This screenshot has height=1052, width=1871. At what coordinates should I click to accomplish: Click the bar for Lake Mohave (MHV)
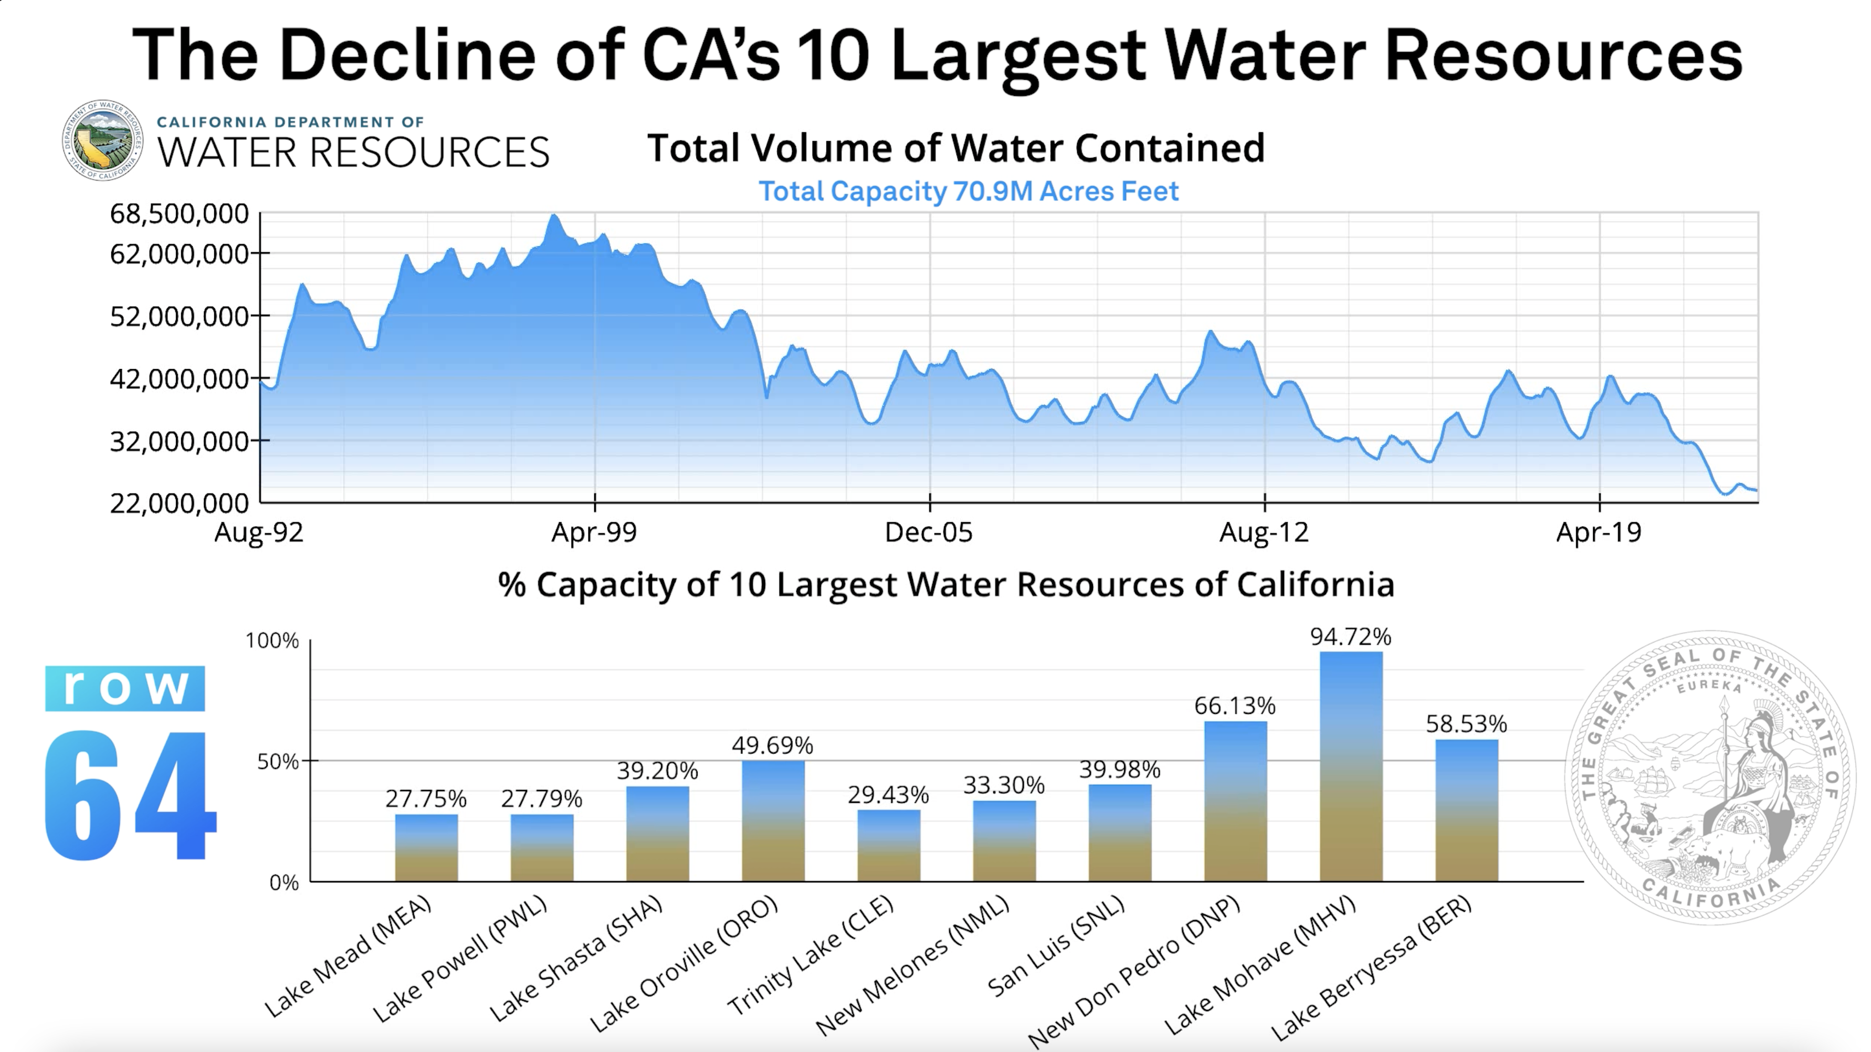pos(1351,766)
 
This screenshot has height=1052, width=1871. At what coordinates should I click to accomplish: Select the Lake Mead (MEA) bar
pos(426,848)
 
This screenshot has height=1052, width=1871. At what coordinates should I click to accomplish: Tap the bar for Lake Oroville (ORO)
pos(773,821)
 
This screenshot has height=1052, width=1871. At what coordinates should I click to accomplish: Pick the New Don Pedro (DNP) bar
pos(1235,802)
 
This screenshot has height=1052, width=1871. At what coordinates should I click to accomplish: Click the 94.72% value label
pos(1350,637)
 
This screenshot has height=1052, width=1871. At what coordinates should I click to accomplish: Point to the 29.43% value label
pos(888,795)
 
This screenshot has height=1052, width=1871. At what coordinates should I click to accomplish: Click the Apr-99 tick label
pos(594,532)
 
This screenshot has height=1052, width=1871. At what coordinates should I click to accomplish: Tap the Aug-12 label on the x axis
pos(1264,532)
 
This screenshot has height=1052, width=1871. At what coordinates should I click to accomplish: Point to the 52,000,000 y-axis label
pos(178,317)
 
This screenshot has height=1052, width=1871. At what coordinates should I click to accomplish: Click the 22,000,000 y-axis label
pos(178,503)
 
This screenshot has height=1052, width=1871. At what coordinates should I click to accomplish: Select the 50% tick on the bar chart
pos(278,761)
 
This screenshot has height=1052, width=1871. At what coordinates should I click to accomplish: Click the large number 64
pos(129,795)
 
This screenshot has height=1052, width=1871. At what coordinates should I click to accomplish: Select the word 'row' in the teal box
pos(125,687)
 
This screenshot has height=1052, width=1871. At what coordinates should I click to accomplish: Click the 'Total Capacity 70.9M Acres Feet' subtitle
pos(968,191)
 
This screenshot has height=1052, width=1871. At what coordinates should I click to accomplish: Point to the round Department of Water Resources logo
pos(102,140)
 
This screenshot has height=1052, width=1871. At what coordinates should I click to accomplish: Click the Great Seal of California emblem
pos(1710,777)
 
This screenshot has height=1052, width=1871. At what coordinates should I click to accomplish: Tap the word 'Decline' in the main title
pos(407,55)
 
